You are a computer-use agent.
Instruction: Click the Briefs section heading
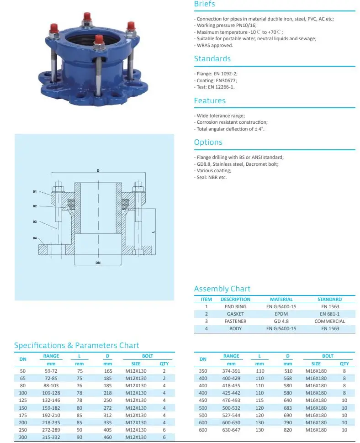[204, 4]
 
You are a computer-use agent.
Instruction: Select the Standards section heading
[212, 58]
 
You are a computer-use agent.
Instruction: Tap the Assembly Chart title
[222, 289]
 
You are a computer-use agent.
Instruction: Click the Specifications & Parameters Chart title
[76, 345]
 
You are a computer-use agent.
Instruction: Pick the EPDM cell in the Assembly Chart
[281, 314]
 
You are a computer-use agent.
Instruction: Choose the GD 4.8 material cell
[281, 321]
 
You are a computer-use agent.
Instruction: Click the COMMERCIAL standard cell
[329, 321]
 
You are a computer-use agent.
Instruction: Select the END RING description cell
[235, 306]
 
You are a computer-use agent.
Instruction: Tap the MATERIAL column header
[281, 299]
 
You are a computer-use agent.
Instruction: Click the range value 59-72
[51, 371]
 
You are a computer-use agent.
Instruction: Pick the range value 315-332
[51, 438]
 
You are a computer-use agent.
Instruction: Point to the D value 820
[287, 430]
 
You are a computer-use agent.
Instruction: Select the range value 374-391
[231, 371]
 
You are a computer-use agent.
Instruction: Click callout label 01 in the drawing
[35, 191]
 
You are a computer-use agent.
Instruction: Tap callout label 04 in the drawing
[35, 238]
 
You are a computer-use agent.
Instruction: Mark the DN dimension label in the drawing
[98, 263]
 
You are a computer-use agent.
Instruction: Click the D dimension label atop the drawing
[98, 170]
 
